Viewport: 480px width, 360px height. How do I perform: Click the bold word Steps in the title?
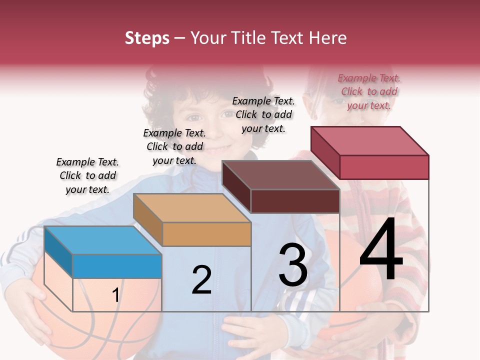(x=147, y=38)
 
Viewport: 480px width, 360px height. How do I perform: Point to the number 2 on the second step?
(x=201, y=280)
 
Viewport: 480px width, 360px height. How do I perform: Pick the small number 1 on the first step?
(x=115, y=295)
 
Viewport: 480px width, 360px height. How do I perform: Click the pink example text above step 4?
(x=369, y=91)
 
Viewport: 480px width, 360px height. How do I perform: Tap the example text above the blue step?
(x=87, y=175)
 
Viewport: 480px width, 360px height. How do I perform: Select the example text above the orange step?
(x=174, y=146)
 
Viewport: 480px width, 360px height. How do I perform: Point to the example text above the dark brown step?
(x=263, y=114)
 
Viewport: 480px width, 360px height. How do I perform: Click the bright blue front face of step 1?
(x=117, y=266)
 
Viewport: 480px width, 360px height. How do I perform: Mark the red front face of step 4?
(x=384, y=167)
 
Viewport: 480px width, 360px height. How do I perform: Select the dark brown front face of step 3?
(x=295, y=201)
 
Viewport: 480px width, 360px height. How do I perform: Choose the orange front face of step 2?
(x=206, y=234)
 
